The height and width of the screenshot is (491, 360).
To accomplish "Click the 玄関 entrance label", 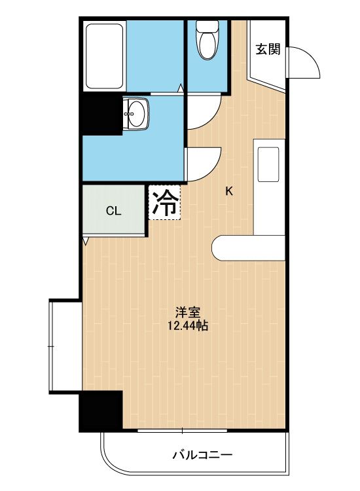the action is coord(268,49).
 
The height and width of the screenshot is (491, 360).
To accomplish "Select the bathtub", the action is coord(104,56).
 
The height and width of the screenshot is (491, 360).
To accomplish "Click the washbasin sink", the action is coord(136,113).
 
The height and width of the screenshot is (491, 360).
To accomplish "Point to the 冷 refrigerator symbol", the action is coord(165,202).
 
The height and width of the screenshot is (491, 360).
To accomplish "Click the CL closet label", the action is coord(113,211).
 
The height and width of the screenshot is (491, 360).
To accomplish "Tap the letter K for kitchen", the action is coord(229,191).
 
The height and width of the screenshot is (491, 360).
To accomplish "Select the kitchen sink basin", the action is coord(268,164).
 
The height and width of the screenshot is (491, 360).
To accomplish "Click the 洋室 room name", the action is coord(187,312).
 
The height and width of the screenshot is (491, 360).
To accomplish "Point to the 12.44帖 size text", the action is coord(187,326).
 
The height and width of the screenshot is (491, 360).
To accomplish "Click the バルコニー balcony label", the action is coord(202,454).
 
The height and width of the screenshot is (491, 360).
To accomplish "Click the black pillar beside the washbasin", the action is coord(101,115).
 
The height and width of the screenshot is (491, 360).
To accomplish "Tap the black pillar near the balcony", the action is coord(101,410).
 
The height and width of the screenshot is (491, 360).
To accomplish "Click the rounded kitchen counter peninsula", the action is coord(248,248).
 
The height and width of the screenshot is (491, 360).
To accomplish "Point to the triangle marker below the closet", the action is coord(86,240).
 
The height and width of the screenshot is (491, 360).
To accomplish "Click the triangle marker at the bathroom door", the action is coord(181,88).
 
